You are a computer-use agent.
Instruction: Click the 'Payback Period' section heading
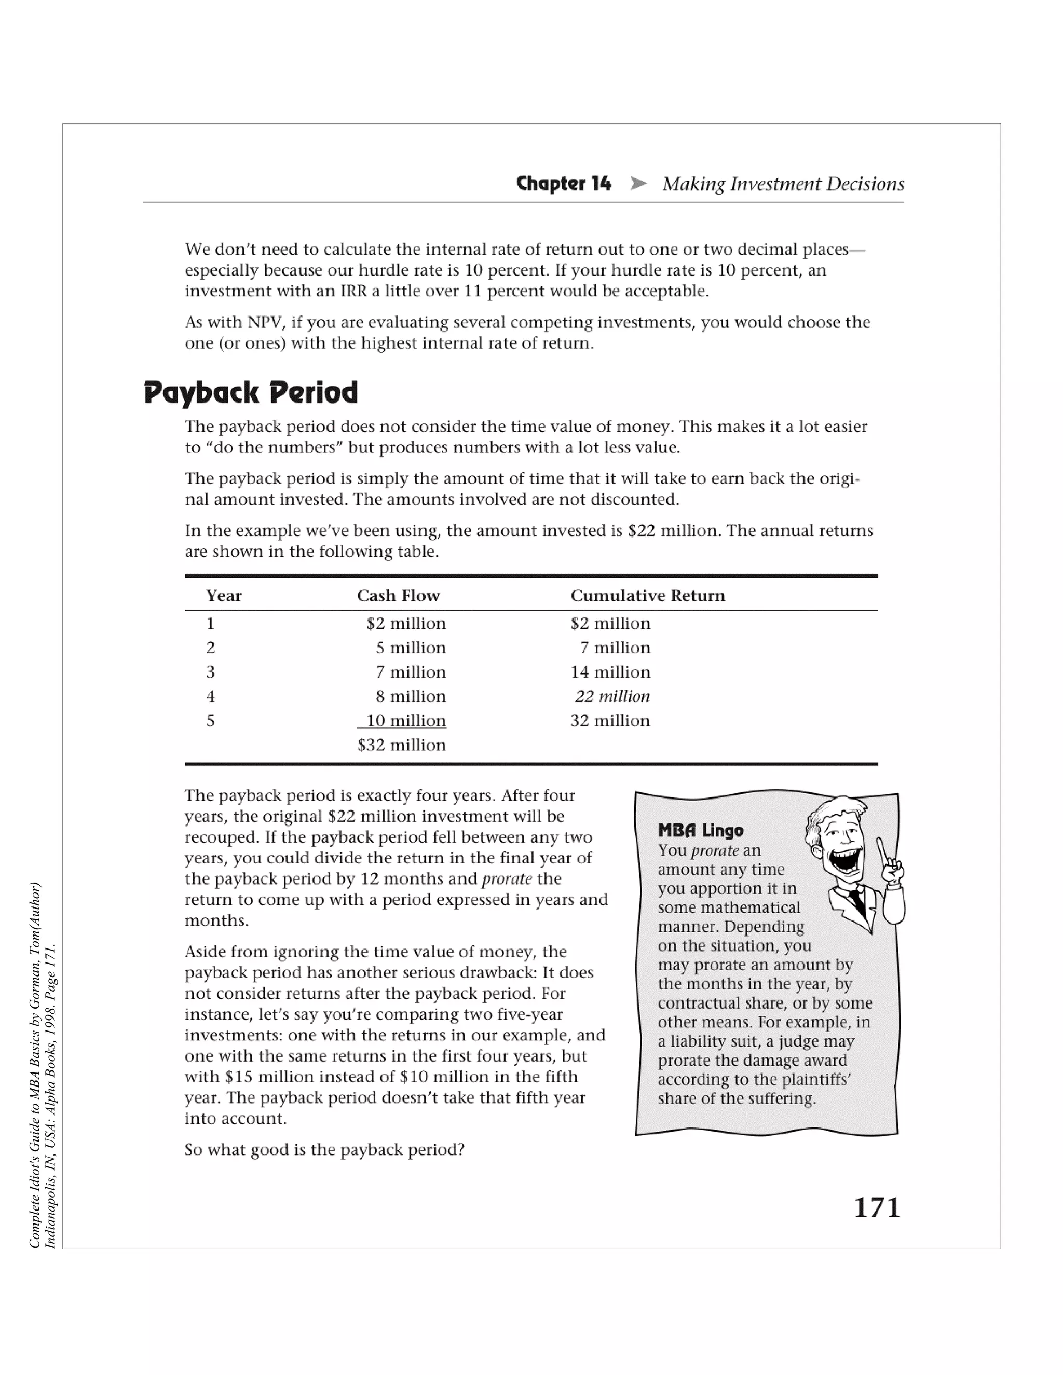tap(251, 393)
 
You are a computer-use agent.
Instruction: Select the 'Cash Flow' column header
tap(398, 596)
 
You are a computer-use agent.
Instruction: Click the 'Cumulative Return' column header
tap(647, 596)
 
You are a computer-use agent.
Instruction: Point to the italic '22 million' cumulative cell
tap(612, 696)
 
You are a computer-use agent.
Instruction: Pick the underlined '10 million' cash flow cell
tap(405, 721)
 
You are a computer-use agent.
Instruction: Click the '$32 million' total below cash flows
tap(401, 746)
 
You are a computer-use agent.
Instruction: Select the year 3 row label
tap(210, 672)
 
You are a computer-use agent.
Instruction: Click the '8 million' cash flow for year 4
tap(411, 696)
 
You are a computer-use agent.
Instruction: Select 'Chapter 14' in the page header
tap(563, 184)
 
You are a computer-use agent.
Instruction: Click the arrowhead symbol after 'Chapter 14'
tap(638, 184)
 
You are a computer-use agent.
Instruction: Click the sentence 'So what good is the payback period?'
tap(324, 1150)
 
